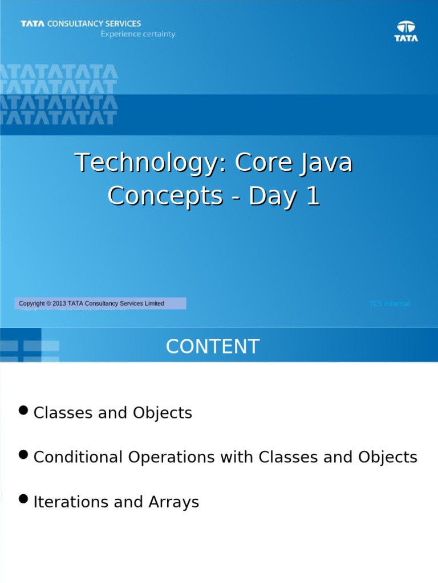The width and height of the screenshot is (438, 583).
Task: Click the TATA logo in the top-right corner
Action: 406,31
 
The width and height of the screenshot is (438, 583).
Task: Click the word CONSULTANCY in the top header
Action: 75,24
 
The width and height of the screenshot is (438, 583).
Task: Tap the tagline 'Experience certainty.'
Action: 139,34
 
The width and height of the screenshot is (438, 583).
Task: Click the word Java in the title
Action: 326,163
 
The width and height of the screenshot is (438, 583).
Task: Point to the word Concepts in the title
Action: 165,196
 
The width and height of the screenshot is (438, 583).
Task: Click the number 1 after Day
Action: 313,196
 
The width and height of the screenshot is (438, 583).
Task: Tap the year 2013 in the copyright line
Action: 59,303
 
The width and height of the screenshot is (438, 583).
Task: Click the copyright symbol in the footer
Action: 48,303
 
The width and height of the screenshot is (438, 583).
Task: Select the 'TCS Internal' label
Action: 390,303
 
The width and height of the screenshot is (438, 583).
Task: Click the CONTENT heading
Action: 213,347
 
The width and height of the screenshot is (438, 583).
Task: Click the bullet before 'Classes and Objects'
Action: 23,410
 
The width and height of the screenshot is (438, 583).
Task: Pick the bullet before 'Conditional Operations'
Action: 23,454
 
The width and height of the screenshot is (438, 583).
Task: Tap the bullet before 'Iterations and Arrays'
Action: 23,499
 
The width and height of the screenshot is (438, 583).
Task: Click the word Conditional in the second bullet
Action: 78,457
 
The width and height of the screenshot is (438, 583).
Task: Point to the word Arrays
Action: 174,503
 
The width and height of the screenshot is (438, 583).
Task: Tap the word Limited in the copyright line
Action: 155,303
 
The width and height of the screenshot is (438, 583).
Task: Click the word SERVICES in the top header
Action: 123,24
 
